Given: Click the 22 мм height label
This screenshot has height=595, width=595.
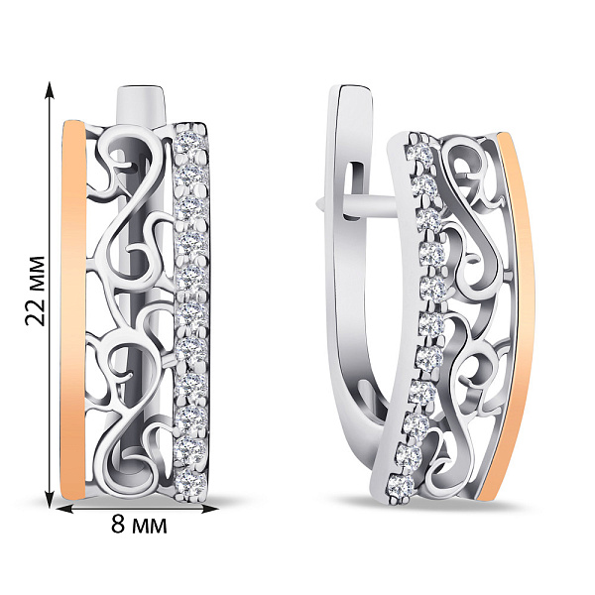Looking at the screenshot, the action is tap(36, 291).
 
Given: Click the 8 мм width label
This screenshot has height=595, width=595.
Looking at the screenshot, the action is tap(139, 525).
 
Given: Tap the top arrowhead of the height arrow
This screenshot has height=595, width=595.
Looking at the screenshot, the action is tap(50, 88).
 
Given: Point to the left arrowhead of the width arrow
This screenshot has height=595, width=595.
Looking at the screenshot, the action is tap(64, 510).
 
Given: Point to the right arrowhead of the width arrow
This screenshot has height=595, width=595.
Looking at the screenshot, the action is tap(210, 510).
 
